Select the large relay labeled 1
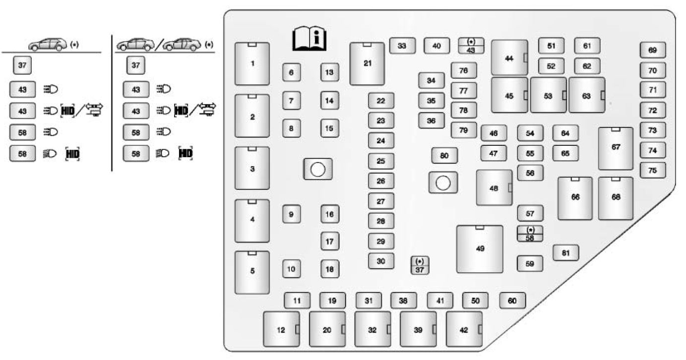[x=252, y=63]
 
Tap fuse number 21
[x=367, y=63]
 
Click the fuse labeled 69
[x=652, y=50]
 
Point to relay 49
[x=480, y=248]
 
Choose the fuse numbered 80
[x=444, y=155]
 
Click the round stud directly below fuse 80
[x=443, y=183]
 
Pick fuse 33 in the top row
[x=402, y=46]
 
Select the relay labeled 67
[x=616, y=148]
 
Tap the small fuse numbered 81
[x=565, y=253]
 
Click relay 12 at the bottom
[x=281, y=329]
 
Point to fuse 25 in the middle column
[x=380, y=161]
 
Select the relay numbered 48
[x=494, y=187]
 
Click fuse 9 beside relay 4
[x=291, y=214]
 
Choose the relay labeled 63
[x=587, y=95]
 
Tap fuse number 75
[x=652, y=170]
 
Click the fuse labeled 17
[x=329, y=241]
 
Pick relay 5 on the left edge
[x=252, y=272]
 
